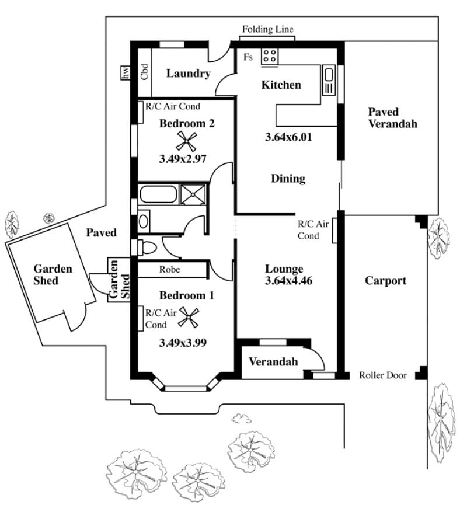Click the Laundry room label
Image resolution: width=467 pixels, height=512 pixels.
point(188,74)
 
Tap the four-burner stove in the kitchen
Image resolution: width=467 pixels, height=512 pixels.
point(270,57)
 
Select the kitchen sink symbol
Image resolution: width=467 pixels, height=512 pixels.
point(329,81)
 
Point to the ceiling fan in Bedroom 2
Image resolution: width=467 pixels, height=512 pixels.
point(186,141)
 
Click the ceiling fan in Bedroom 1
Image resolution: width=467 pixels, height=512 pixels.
point(189,318)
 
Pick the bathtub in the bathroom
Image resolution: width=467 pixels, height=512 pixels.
point(159,194)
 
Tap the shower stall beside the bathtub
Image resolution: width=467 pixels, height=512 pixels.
point(193,194)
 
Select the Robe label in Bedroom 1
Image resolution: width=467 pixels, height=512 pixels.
point(169,270)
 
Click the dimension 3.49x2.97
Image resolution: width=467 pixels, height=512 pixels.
point(183,159)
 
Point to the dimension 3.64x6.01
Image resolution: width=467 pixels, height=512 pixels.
point(288,137)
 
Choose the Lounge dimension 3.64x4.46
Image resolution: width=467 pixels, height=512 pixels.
point(288,281)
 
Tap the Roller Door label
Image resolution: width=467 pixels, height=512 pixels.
point(383,375)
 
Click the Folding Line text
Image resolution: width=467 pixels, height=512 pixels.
point(268,29)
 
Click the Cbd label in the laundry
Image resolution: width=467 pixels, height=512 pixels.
point(144,71)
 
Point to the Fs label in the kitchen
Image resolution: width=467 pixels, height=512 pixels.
point(248,57)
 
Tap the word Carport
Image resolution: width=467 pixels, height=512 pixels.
point(386,281)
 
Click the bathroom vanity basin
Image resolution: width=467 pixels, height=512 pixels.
point(144,221)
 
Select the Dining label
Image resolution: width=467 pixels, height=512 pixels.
point(288,179)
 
